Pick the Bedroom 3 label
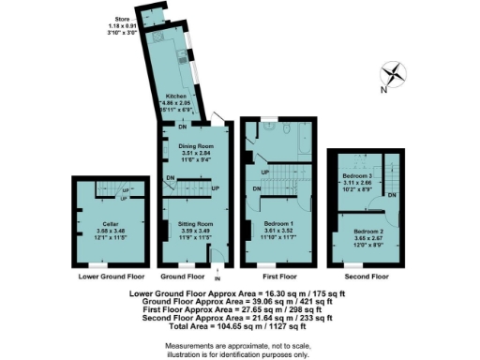coord(359,175)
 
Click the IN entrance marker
coord(217,278)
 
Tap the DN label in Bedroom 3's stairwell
coord(391,194)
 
